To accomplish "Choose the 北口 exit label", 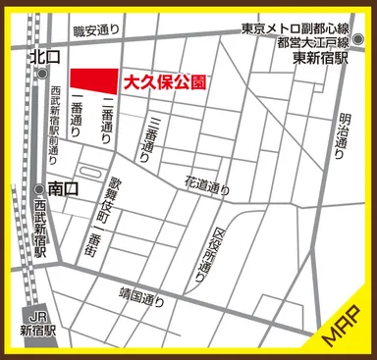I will [x=47, y=58].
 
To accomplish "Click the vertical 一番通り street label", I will [x=78, y=122].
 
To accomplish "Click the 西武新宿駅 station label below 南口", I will [x=40, y=229].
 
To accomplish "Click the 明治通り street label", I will [x=345, y=141].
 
